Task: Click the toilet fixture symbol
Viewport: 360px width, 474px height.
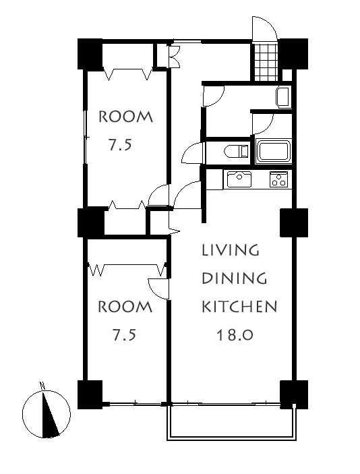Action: [237, 151]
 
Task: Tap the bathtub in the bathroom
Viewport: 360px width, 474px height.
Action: [273, 151]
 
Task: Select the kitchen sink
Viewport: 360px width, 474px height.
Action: [239, 179]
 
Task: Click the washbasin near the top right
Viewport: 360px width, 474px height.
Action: [283, 97]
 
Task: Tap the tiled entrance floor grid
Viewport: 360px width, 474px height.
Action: [266, 62]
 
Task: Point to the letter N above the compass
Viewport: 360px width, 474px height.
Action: [42, 386]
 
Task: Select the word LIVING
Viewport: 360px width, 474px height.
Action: [231, 250]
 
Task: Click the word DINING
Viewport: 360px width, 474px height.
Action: [234, 278]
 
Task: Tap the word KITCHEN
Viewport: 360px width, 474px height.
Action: [239, 307]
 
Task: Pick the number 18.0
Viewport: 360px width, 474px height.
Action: [235, 334]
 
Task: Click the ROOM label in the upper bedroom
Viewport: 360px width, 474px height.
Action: [126, 117]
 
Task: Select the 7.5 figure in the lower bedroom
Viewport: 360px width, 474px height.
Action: [124, 335]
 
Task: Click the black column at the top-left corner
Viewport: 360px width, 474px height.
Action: [90, 54]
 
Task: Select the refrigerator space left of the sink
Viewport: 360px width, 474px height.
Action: [214, 179]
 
